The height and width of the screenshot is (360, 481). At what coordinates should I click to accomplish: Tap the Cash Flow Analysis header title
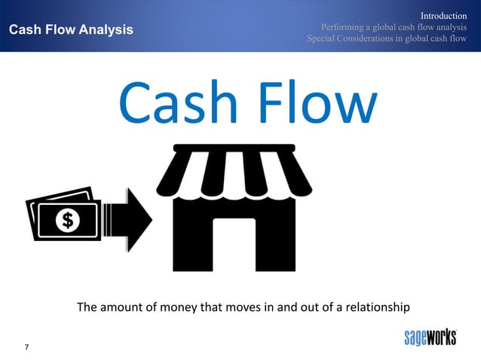tap(70, 29)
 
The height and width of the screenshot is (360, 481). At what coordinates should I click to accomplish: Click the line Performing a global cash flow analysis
tap(388, 28)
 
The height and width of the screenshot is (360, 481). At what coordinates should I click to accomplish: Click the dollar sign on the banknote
tap(67, 220)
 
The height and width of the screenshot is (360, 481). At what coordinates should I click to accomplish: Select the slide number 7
tap(27, 346)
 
